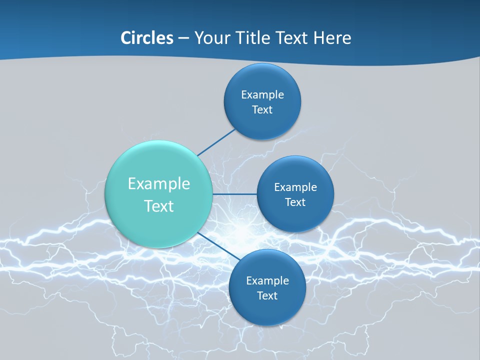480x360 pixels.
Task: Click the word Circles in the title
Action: pyautogui.click(x=147, y=38)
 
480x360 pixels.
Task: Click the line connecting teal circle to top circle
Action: pyautogui.click(x=216, y=141)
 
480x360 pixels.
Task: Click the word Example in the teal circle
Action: pyautogui.click(x=159, y=184)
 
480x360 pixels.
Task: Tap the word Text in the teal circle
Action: pyautogui.click(x=159, y=206)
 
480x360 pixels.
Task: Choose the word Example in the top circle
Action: pyautogui.click(x=262, y=95)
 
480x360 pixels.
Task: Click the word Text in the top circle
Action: pyautogui.click(x=262, y=110)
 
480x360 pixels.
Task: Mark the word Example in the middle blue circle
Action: pyautogui.click(x=295, y=187)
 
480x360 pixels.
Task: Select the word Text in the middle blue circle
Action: pyautogui.click(x=295, y=202)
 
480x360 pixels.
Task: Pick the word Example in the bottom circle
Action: pyautogui.click(x=267, y=281)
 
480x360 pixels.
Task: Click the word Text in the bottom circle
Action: pyautogui.click(x=267, y=296)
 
